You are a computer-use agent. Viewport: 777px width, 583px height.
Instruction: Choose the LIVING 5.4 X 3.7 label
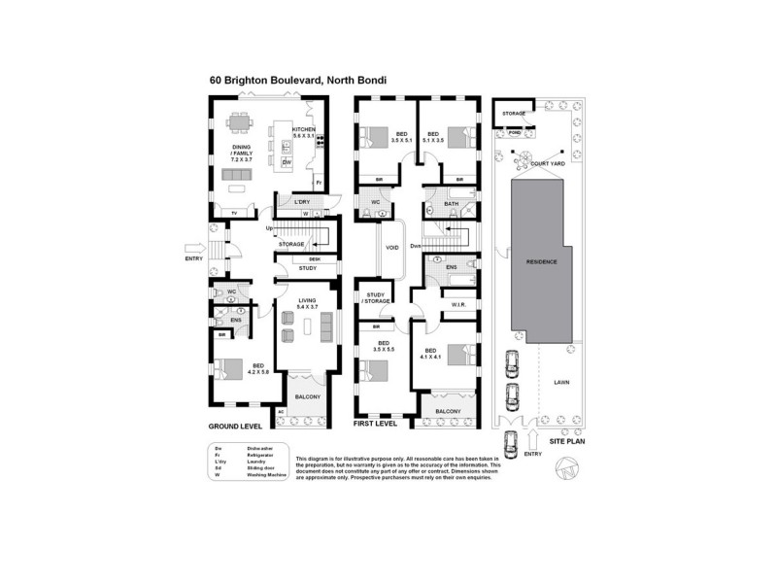point(308,303)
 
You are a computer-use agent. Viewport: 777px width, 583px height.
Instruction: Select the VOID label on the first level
point(393,247)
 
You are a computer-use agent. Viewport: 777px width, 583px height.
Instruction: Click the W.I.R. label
point(459,305)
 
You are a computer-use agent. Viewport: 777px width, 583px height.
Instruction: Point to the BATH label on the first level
point(451,203)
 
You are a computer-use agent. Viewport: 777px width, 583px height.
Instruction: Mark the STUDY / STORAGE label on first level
point(377,298)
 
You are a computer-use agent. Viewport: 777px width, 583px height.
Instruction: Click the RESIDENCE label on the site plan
point(541,261)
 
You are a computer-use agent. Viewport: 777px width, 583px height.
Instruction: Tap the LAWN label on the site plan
point(561,382)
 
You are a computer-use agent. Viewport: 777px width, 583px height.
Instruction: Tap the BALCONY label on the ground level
point(307,397)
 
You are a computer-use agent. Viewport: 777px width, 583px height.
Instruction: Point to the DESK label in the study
point(314,259)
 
